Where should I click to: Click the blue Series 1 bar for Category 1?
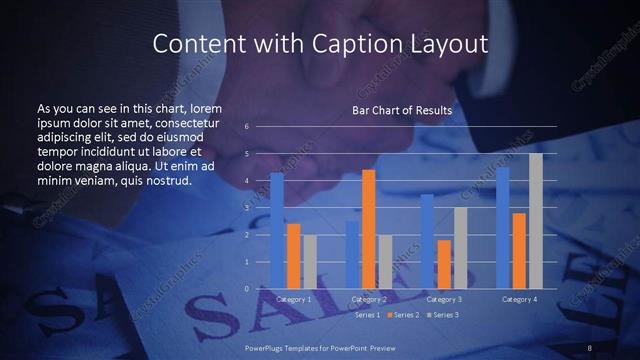pyautogui.click(x=277, y=231)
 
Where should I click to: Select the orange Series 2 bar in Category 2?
pyautogui.click(x=368, y=229)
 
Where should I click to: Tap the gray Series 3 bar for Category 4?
pyautogui.click(x=535, y=221)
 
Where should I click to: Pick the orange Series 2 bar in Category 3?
pyautogui.click(x=444, y=264)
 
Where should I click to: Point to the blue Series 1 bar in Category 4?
pyautogui.click(x=503, y=228)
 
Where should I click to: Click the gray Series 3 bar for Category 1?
pyautogui.click(x=309, y=262)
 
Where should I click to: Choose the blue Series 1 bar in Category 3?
pyautogui.click(x=427, y=241)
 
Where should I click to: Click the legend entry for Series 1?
pyautogui.click(x=367, y=314)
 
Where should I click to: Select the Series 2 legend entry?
pyautogui.click(x=403, y=314)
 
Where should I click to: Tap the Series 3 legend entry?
pyautogui.click(x=443, y=314)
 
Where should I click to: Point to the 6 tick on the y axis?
pyautogui.click(x=247, y=127)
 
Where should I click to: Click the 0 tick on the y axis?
pyautogui.click(x=247, y=289)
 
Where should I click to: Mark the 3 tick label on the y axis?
pyautogui.click(x=247, y=208)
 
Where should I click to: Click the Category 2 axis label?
pyautogui.click(x=369, y=299)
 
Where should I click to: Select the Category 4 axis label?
pyautogui.click(x=519, y=299)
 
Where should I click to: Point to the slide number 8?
pyautogui.click(x=591, y=346)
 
